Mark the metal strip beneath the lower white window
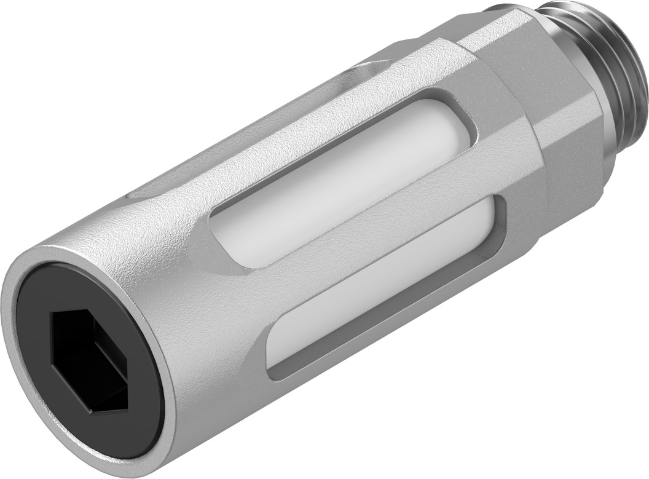[399, 320]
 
